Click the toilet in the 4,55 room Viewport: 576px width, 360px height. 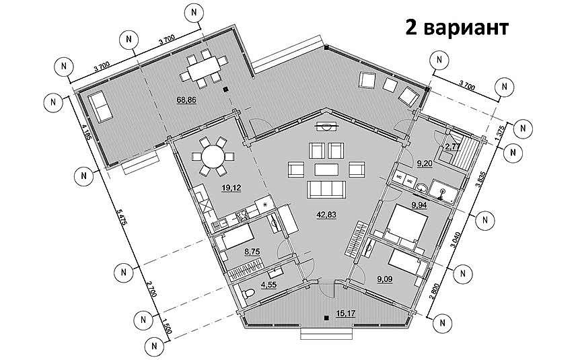[249, 294]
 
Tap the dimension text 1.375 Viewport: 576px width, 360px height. [499, 135]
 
